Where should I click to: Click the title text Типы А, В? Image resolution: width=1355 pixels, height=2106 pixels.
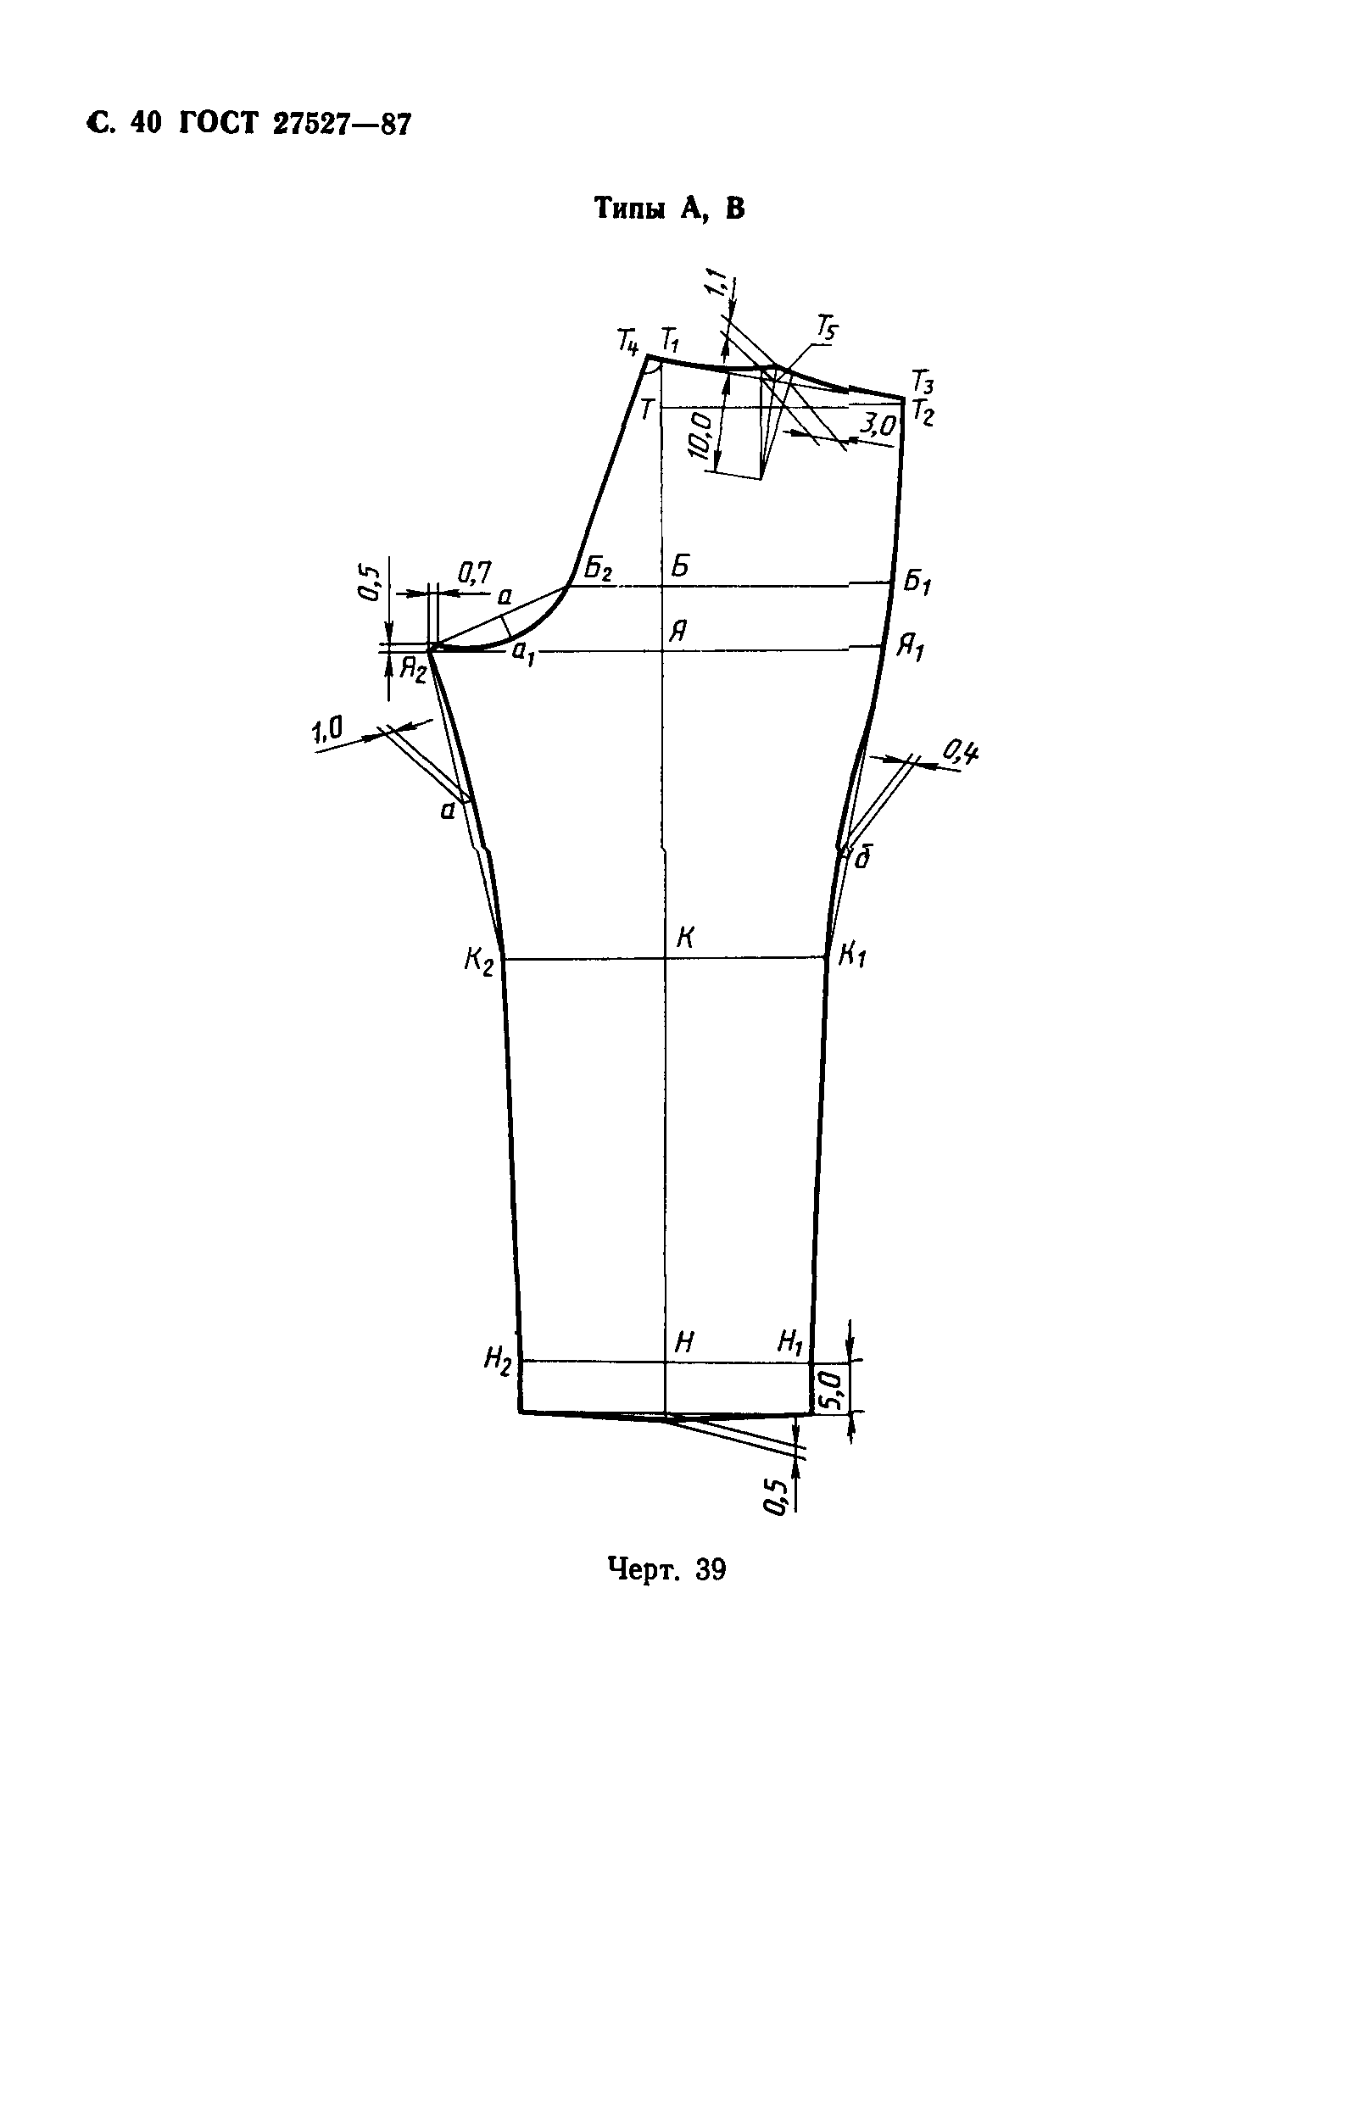pos(670,209)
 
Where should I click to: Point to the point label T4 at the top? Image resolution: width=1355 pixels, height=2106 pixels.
pos(627,342)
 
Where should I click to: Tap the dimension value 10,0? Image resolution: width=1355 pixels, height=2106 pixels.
pos(701,435)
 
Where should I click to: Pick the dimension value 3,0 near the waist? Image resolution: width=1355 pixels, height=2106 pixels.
pos(878,426)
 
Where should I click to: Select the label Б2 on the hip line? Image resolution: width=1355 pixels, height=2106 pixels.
pos(599,569)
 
